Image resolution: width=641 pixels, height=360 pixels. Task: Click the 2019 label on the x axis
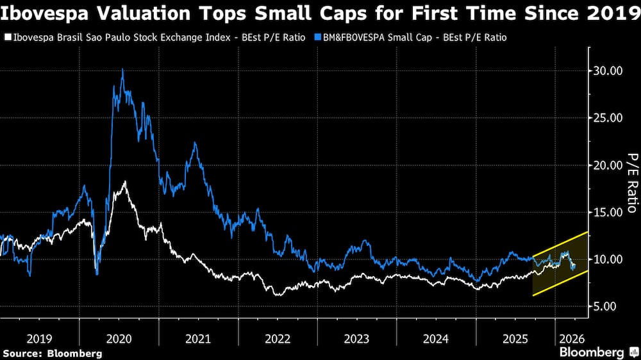(x=40, y=338)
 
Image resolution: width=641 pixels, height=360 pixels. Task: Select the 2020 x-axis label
(x=119, y=338)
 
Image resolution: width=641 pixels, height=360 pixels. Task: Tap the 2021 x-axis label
(x=199, y=338)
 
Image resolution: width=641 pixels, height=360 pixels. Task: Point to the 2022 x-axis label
(x=278, y=338)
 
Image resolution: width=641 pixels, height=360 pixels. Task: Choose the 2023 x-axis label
(x=358, y=338)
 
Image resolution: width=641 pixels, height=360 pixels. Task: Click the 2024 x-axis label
(x=437, y=338)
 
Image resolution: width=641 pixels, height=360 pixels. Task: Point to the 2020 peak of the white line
(x=124, y=182)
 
